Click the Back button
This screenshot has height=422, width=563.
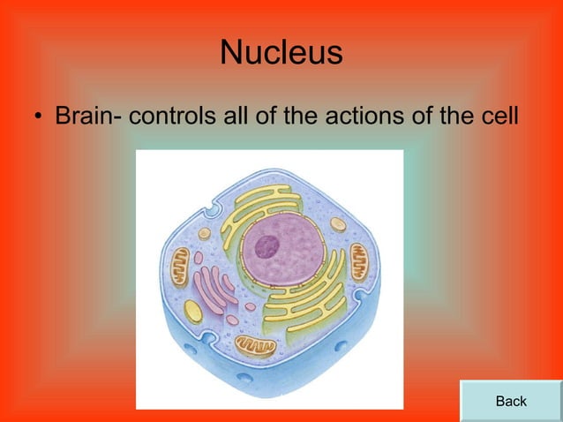point(511,401)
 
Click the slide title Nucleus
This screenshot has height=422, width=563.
point(281,53)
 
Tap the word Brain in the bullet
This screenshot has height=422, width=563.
point(89,116)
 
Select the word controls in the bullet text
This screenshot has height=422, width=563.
point(173,116)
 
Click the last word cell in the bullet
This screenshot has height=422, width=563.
point(490,116)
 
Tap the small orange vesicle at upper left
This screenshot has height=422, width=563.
point(205,234)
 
